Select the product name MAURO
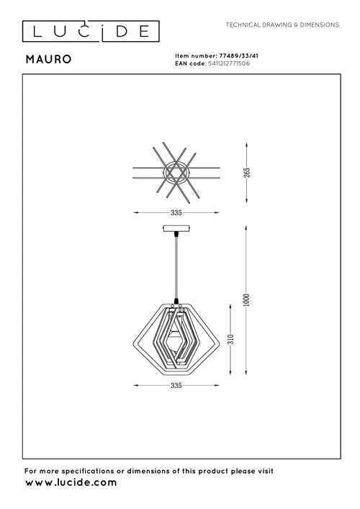coord(48,60)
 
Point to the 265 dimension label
coord(246,173)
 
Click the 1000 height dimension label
coord(246,300)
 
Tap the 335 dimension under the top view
coord(176,213)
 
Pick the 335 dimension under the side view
coord(176,386)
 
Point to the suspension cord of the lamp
coord(176,266)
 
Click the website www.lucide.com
coord(71,482)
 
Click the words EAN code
coord(190,63)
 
